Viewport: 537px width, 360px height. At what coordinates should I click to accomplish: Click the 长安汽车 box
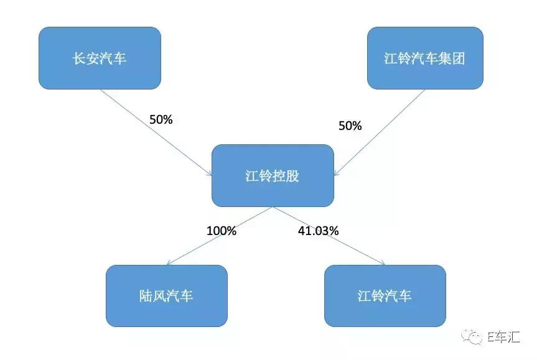click(x=100, y=58)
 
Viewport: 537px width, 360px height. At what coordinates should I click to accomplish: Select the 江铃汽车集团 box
click(x=424, y=58)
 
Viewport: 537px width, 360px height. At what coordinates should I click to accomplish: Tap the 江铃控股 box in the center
click(x=272, y=175)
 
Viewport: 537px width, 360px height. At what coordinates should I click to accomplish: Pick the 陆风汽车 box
click(x=166, y=295)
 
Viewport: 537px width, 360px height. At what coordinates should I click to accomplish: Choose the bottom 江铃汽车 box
click(x=385, y=295)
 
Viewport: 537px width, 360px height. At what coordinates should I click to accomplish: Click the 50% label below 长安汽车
click(x=161, y=119)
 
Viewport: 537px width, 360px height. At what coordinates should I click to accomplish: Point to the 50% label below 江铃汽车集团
click(x=350, y=126)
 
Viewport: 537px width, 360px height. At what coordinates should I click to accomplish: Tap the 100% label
click(x=222, y=231)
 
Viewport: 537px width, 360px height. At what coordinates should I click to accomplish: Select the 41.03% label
click(x=317, y=231)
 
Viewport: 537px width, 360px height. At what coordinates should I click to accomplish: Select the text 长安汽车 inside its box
click(x=100, y=58)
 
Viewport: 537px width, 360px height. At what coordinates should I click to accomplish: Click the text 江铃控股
click(x=272, y=176)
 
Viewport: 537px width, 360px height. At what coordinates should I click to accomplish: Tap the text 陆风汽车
click(x=166, y=296)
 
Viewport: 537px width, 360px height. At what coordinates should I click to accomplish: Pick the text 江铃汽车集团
click(x=424, y=58)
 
